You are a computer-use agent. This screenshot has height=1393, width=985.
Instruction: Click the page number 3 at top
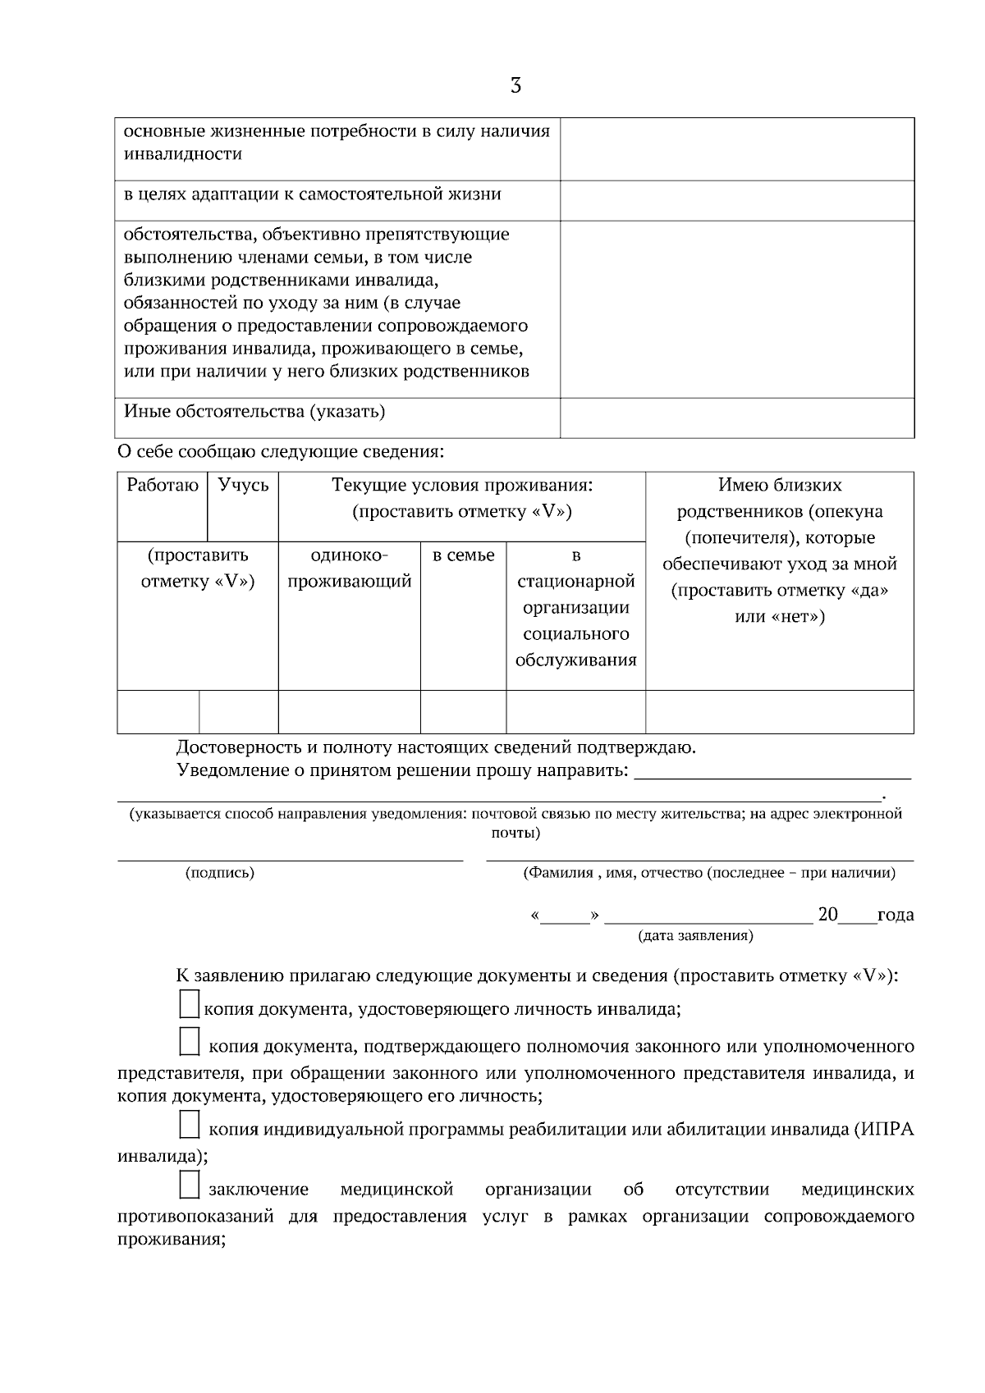coord(515,85)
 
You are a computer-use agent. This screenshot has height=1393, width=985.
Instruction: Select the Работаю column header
coord(163,485)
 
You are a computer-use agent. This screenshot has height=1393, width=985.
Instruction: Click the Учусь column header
coord(244,485)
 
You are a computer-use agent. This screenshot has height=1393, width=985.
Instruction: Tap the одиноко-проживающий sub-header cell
coord(350,569)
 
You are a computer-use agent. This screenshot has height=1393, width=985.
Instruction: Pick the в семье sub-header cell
coord(464,555)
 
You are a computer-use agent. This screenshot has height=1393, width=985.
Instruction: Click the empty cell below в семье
coord(464,711)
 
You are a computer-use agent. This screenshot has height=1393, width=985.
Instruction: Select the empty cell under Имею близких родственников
coord(780,711)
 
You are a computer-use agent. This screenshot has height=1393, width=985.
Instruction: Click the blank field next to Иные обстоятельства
coord(737,417)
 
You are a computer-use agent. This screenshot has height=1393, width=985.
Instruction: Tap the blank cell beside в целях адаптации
coord(737,200)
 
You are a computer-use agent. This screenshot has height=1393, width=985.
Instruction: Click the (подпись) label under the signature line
coord(220,873)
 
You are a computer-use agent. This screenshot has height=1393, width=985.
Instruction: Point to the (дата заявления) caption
coord(695,935)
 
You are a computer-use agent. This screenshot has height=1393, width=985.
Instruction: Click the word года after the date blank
coord(896,915)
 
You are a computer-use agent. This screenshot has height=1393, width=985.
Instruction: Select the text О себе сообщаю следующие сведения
coord(281,451)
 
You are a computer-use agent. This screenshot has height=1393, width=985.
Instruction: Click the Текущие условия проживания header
coord(462,485)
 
